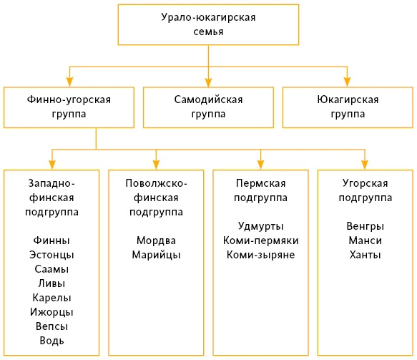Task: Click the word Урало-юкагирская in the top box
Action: coord(208,18)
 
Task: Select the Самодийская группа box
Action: coord(208,107)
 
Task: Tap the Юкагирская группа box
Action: coord(348,107)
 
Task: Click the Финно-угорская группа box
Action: coord(69,107)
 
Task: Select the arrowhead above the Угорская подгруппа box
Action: coord(365,165)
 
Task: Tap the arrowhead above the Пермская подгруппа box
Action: coord(260,165)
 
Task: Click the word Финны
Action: coord(51,240)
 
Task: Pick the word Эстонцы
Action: coord(51,255)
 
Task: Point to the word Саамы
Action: coord(51,269)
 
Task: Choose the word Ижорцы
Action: coord(51,312)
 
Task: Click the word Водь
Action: coord(51,341)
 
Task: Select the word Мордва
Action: coord(156,240)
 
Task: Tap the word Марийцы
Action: coord(156,255)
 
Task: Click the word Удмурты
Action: coord(260,226)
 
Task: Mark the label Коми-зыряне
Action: coord(260,255)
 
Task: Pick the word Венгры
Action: coord(365,226)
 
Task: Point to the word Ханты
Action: coord(365,255)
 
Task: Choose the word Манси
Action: coord(365,240)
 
